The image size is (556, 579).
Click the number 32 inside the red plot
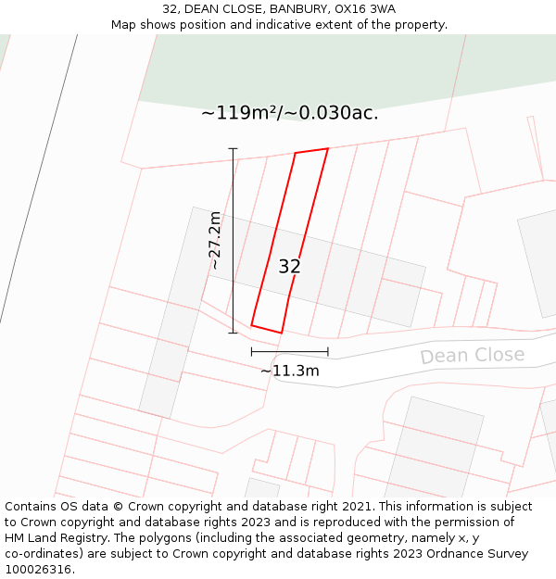289,267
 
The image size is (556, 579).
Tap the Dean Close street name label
472,356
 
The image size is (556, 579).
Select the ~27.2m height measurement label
215,241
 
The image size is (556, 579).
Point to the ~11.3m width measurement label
289,371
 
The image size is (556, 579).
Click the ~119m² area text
238,113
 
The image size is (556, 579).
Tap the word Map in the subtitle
125,25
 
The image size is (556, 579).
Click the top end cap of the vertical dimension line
233,148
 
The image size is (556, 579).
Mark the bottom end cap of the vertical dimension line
233,332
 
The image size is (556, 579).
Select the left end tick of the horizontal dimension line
251,351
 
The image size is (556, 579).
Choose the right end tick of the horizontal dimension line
328,351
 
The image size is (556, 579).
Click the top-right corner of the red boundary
327,148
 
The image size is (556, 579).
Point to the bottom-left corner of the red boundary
251,325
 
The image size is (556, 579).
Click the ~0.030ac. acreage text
332,113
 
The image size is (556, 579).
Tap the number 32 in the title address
171,9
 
